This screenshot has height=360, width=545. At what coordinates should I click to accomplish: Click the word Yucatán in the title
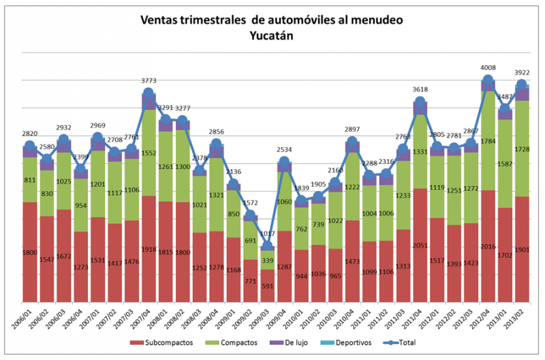point(271,36)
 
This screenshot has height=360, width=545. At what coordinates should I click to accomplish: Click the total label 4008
point(488,68)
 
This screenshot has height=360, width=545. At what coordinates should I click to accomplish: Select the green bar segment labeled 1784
point(488,140)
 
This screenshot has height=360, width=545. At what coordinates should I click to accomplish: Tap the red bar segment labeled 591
point(268,286)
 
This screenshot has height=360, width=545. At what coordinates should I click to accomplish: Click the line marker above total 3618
point(420,104)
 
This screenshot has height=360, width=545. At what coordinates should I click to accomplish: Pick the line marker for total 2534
point(285,162)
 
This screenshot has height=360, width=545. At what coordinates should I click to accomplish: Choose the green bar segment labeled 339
point(268,260)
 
